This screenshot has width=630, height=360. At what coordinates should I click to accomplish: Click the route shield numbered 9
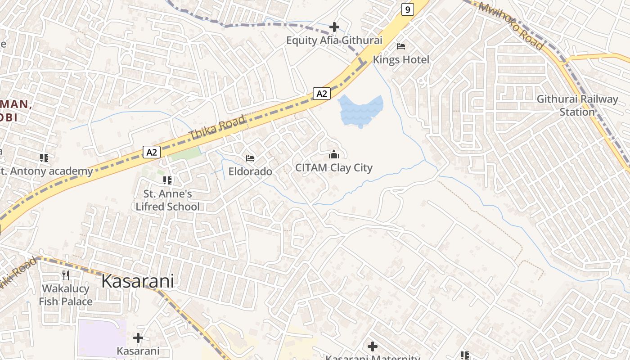click(407, 9)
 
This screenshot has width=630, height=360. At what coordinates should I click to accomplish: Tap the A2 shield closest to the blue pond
click(322, 94)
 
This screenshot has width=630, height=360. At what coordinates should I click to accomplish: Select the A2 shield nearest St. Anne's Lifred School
click(152, 152)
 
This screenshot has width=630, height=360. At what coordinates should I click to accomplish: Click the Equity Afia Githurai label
click(334, 40)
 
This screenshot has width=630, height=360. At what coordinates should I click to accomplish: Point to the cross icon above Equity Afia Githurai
click(334, 27)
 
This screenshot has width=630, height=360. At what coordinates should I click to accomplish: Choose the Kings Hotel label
click(401, 59)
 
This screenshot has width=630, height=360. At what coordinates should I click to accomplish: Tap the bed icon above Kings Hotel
click(401, 46)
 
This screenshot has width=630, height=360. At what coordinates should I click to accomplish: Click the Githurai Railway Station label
click(577, 105)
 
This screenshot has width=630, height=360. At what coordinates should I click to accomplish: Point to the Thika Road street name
click(218, 127)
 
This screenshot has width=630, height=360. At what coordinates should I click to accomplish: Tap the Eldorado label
click(250, 171)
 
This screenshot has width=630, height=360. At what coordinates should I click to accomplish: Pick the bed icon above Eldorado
click(250, 158)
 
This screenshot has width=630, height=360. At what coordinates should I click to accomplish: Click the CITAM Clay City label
click(334, 168)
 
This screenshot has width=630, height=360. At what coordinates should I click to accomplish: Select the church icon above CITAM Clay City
click(334, 155)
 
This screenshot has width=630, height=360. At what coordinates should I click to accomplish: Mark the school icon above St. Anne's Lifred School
click(167, 180)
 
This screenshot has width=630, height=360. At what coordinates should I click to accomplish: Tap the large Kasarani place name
click(137, 281)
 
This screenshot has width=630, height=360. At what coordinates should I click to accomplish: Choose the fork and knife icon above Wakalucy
click(66, 275)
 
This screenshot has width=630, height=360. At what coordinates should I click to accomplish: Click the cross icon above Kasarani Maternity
click(372, 346)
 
